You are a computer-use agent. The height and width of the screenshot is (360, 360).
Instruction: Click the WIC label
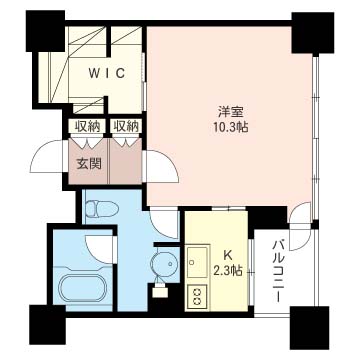click(107, 73)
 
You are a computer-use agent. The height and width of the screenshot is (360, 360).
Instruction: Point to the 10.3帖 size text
click(230, 128)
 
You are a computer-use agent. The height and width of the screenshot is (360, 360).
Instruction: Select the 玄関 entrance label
click(89, 164)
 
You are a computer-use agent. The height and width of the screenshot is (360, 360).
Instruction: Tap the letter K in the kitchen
click(228, 255)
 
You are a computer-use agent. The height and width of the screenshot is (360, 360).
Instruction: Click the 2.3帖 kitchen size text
click(228, 271)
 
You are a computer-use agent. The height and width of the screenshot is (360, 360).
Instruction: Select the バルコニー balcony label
click(278, 271)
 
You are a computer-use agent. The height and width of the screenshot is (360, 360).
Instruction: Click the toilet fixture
click(102, 209)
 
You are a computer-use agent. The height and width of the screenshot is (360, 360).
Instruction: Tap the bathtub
click(83, 288)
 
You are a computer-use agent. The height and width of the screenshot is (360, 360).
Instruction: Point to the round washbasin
click(165, 264)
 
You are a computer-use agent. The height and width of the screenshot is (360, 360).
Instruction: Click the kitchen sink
click(198, 262)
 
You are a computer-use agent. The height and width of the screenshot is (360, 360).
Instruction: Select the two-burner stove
click(197, 296)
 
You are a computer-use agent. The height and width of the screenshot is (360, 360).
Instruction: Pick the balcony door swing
click(301, 227)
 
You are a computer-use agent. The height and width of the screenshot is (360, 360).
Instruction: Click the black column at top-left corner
click(45, 31)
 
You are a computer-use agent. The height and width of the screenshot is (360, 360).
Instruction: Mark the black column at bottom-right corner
click(310, 327)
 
